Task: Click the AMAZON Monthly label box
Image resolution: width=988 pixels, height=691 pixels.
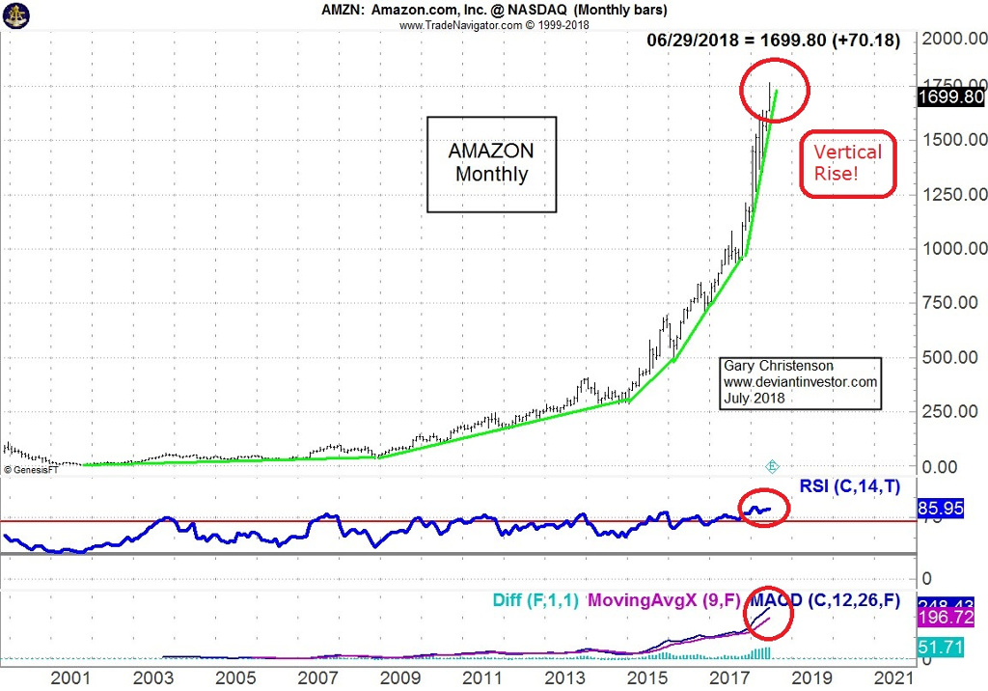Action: [x=492, y=164]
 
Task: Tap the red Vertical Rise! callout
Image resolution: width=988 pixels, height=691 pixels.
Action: [x=848, y=164]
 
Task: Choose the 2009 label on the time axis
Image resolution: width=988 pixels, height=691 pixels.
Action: [x=399, y=677]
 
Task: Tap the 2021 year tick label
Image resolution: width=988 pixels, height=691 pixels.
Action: [x=893, y=677]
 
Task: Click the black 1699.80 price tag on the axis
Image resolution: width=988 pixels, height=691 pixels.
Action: [x=951, y=97]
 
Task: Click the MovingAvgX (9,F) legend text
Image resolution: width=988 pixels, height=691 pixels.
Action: [x=665, y=599]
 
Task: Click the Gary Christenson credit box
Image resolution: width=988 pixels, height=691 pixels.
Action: [x=801, y=382]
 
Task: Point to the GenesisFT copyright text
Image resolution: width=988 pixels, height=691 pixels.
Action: [x=33, y=469]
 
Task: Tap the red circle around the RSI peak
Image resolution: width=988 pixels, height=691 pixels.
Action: [x=763, y=507]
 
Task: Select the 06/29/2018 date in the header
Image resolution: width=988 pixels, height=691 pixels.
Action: [x=699, y=41]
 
